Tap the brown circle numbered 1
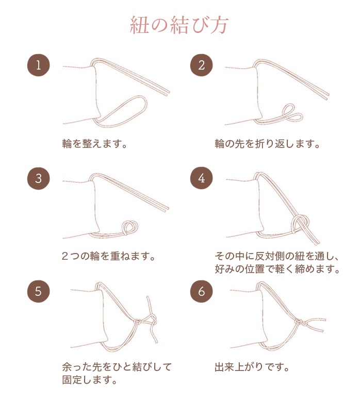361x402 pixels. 38,65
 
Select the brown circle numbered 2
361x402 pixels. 201,65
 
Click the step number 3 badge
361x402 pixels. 38,178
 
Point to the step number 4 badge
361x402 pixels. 201,178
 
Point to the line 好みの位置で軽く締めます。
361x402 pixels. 277,269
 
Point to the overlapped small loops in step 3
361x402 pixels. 129,227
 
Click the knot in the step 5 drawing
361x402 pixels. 138,322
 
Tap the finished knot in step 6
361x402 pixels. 298,323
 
